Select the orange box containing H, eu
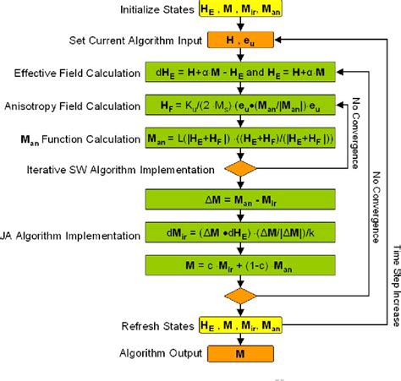(240, 40)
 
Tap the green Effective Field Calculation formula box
(241, 73)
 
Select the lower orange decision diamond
(240, 296)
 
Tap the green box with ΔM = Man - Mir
(241, 199)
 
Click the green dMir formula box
(241, 232)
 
